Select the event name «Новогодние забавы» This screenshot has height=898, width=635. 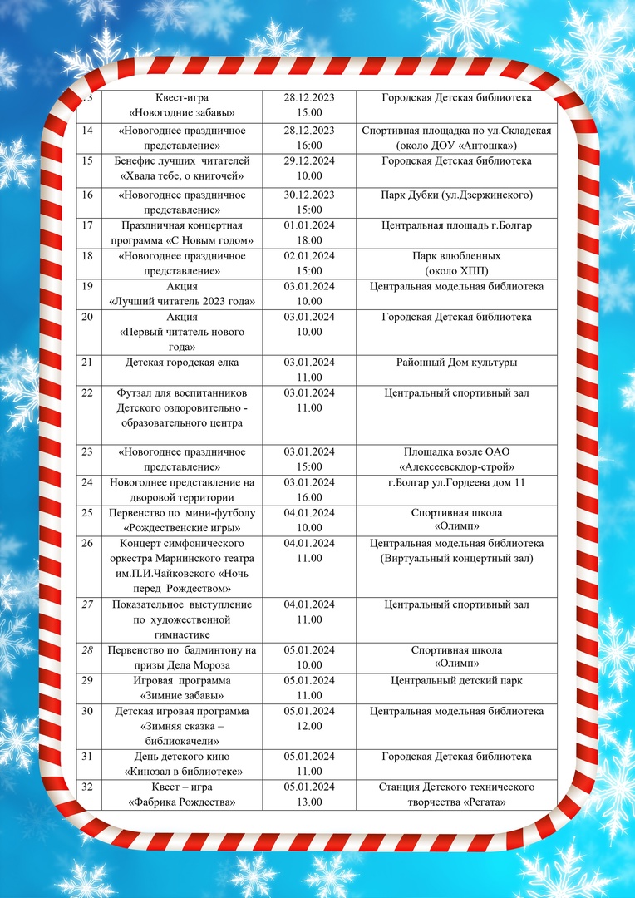[181, 112]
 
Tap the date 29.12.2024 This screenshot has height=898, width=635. [308, 160]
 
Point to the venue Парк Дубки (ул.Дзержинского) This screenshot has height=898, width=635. [456, 195]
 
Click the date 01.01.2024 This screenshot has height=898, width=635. [308, 225]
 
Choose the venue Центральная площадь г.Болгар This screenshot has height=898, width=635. [456, 225]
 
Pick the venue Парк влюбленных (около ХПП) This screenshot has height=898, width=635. [456, 264]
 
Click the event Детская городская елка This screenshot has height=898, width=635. [181, 363]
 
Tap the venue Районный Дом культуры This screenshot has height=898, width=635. [456, 363]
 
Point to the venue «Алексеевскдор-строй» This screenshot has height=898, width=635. [456, 466]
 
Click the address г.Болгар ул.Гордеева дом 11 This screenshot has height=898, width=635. [456, 483]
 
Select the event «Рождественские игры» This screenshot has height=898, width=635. [181, 528]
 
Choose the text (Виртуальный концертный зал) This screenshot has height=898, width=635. [456, 558]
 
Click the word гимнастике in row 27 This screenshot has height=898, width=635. [181, 634]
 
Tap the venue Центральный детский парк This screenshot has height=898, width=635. [456, 681]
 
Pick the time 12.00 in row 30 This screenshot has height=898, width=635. [308, 726]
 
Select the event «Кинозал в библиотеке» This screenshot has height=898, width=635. [181, 771]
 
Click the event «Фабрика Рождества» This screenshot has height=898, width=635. [181, 802]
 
